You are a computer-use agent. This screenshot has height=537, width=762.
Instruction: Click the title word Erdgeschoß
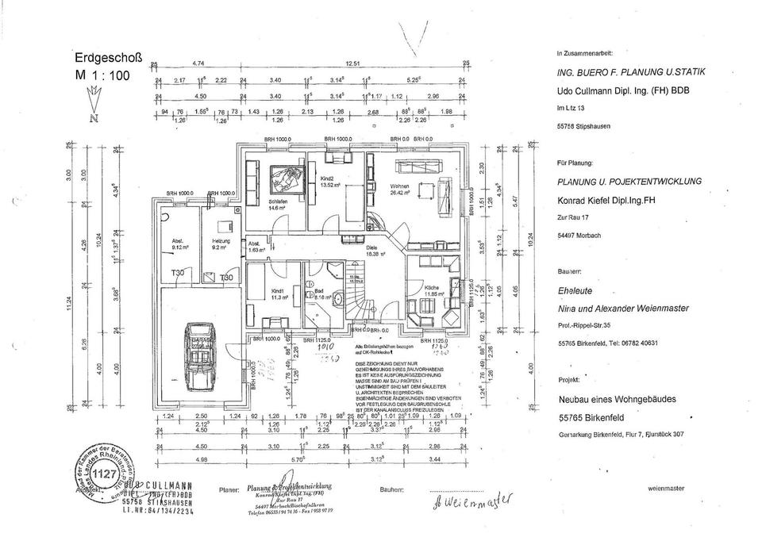tap(108, 58)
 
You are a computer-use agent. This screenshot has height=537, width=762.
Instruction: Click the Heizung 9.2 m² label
tap(221, 244)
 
